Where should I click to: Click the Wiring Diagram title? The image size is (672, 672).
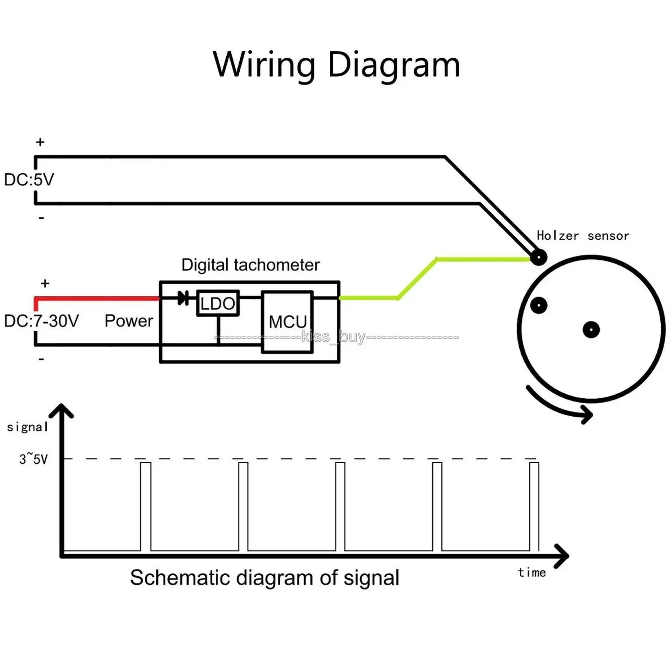[336, 65]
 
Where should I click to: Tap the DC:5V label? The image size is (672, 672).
[29, 180]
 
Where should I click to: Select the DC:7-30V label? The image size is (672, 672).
[42, 321]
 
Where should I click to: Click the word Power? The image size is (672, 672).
[129, 321]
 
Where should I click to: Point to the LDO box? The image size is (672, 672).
[218, 304]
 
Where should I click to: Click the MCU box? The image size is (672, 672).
[287, 322]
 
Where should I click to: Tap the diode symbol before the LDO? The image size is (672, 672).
[183, 297]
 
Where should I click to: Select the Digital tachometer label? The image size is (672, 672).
[250, 265]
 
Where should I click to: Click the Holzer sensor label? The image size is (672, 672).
[582, 236]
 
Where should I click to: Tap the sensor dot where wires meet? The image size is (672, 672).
[538, 258]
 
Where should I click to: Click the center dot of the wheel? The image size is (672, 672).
[591, 330]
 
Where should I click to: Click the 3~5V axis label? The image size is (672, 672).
[33, 459]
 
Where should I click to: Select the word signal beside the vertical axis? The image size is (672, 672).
[27, 427]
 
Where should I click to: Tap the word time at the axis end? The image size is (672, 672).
[532, 573]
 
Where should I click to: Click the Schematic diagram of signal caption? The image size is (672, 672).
[264, 577]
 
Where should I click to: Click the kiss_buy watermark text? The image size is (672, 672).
[334, 336]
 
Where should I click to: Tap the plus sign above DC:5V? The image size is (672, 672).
[40, 142]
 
